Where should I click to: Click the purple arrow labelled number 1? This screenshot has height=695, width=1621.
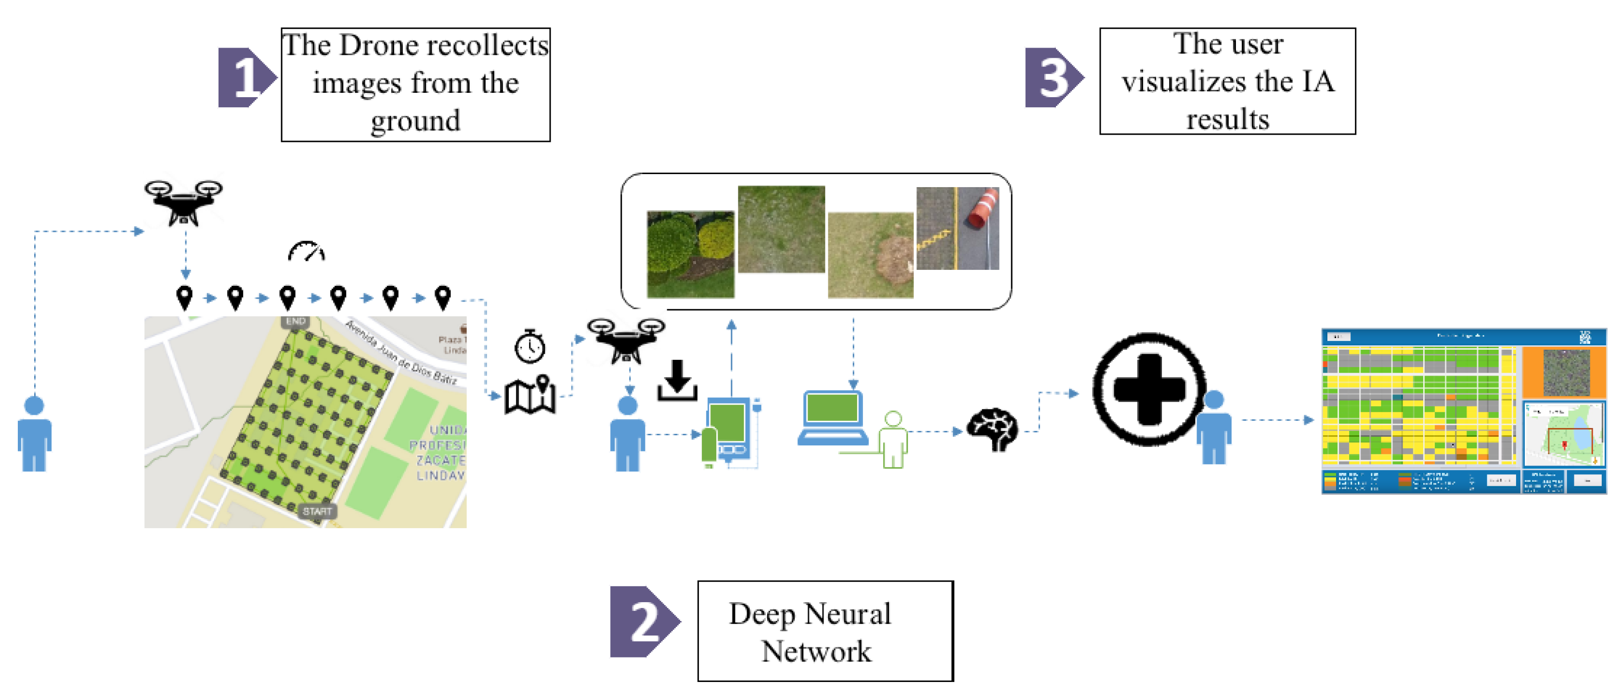point(245,77)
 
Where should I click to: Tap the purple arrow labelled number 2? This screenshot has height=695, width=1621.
point(643,621)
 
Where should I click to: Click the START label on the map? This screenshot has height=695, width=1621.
point(317,511)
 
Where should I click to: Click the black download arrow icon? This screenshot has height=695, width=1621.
point(677,381)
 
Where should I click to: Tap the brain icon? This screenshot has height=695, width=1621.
point(992,429)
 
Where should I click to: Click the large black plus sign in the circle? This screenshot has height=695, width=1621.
point(1149,389)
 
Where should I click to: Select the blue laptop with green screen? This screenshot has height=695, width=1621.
point(833,417)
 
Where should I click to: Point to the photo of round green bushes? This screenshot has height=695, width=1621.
point(690,254)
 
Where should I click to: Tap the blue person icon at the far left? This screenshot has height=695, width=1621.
point(35,433)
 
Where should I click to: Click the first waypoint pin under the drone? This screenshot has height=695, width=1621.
point(184,297)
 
